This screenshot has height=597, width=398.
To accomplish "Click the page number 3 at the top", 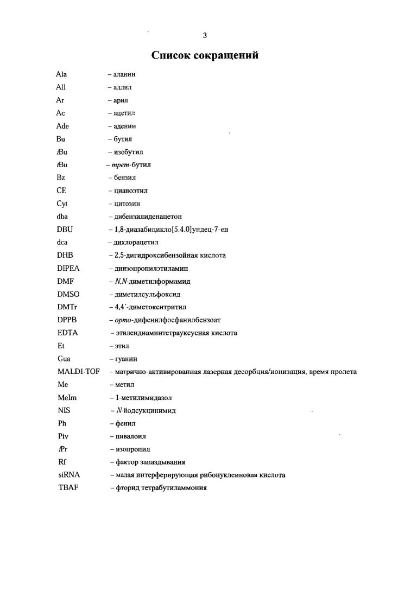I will click(205, 36).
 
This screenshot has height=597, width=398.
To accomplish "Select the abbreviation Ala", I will click(61, 74).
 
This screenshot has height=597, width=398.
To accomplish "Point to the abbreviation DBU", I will click(64, 230).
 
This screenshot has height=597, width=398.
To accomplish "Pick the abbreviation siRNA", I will click(67, 475).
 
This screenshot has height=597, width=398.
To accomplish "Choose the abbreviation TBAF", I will click(66, 488).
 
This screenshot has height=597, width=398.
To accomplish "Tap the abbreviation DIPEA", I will click(67, 268).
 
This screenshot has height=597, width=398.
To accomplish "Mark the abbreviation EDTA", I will click(66, 333).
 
